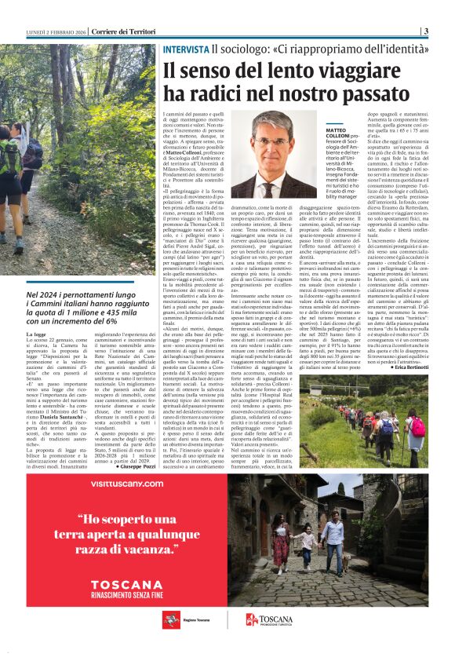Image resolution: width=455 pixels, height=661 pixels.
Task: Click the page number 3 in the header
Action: (426, 31)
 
